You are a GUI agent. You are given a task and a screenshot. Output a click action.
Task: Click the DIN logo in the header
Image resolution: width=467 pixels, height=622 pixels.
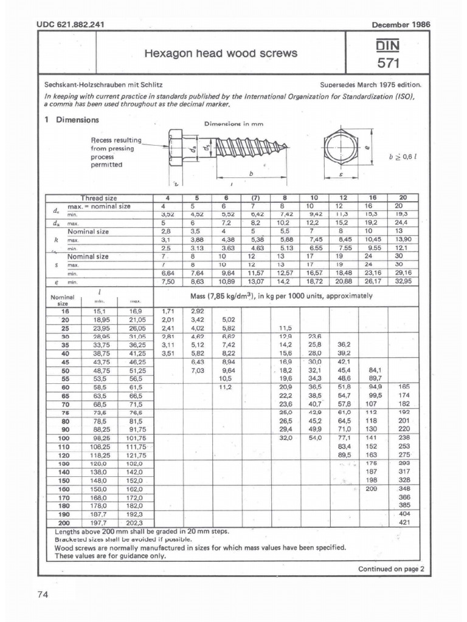pos(389,46)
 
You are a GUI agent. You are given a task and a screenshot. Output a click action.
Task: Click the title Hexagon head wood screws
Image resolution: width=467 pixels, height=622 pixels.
pos(221,53)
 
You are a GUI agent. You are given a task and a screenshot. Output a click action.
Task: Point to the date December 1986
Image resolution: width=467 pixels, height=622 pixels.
pos(400,24)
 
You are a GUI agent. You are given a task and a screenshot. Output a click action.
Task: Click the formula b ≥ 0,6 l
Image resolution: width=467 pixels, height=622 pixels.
pos(404,155)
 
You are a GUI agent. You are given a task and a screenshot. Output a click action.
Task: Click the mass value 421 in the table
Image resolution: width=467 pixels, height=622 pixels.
pos(404,522)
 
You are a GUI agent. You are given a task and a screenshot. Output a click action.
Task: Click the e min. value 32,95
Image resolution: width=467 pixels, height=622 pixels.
pos(403,282)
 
